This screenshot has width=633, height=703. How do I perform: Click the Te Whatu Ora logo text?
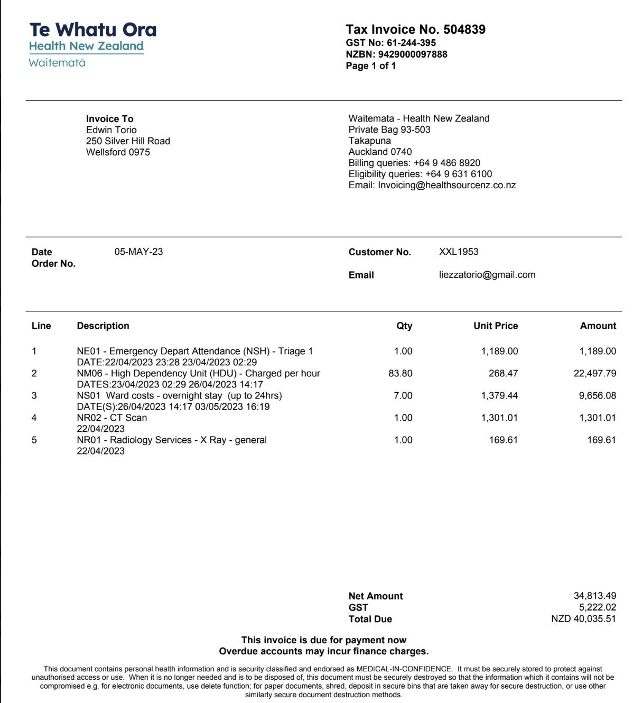(x=93, y=30)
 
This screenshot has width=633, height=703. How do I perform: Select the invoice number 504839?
(x=464, y=30)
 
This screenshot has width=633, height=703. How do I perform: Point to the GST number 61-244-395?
(x=411, y=43)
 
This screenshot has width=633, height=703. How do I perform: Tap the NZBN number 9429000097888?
(x=413, y=54)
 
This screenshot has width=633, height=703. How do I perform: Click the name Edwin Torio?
(x=111, y=130)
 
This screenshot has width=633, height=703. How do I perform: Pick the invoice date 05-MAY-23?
(x=138, y=252)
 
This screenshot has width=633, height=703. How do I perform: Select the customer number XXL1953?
(x=459, y=252)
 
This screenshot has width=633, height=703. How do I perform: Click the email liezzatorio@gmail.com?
(x=487, y=275)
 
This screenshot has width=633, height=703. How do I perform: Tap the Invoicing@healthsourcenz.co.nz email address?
(x=446, y=186)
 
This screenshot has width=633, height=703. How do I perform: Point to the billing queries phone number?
(x=447, y=163)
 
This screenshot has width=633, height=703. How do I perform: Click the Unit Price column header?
(x=496, y=326)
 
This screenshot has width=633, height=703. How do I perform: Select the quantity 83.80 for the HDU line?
(x=401, y=374)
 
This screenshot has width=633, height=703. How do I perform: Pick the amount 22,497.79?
(x=595, y=374)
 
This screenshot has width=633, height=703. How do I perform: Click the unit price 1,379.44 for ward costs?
(x=499, y=396)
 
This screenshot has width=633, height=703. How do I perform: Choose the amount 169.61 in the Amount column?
(x=601, y=440)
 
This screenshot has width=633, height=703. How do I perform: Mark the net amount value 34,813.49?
(x=595, y=596)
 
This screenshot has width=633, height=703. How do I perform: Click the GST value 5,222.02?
(x=598, y=608)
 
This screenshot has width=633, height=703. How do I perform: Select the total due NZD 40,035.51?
(x=583, y=619)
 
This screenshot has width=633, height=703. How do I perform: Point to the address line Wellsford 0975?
(x=118, y=152)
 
